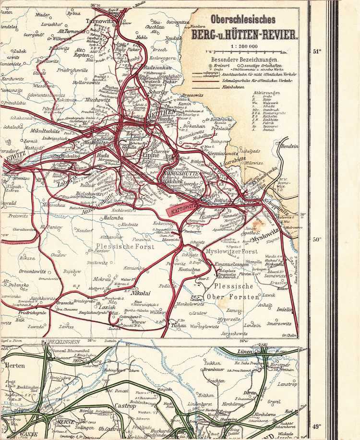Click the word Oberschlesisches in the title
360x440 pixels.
click(x=243, y=20)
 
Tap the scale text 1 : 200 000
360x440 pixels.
click(x=244, y=46)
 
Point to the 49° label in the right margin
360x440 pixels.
click(x=316, y=427)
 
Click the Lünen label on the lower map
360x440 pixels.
click(x=244, y=353)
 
